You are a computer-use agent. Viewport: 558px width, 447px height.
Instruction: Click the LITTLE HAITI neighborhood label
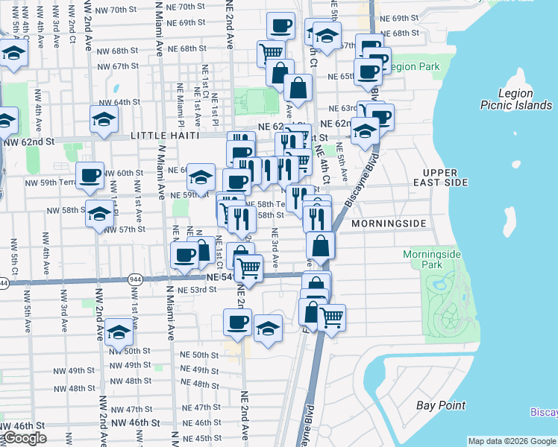(165, 136)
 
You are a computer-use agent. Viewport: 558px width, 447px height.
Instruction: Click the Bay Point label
(441, 405)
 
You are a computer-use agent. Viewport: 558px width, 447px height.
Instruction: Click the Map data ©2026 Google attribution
(512, 441)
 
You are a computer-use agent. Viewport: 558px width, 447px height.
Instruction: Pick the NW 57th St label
(126, 229)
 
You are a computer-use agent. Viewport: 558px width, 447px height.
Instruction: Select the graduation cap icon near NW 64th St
(104, 118)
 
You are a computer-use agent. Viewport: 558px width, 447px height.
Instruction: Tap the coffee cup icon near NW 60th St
(90, 175)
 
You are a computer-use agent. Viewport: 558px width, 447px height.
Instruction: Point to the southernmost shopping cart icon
(331, 317)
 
